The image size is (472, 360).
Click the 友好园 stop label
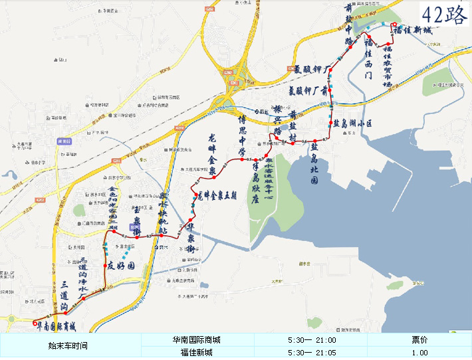point(122,266)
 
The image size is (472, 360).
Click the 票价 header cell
point(419,340)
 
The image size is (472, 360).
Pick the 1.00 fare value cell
point(419,353)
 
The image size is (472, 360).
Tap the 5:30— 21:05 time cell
point(311,353)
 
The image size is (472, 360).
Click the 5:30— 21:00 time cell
point(311,340)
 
